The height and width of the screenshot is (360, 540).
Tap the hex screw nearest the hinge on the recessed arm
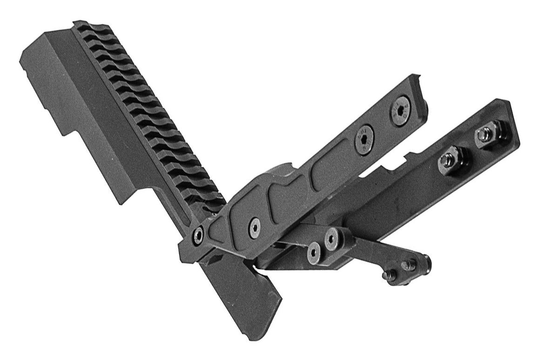point(254,223)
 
